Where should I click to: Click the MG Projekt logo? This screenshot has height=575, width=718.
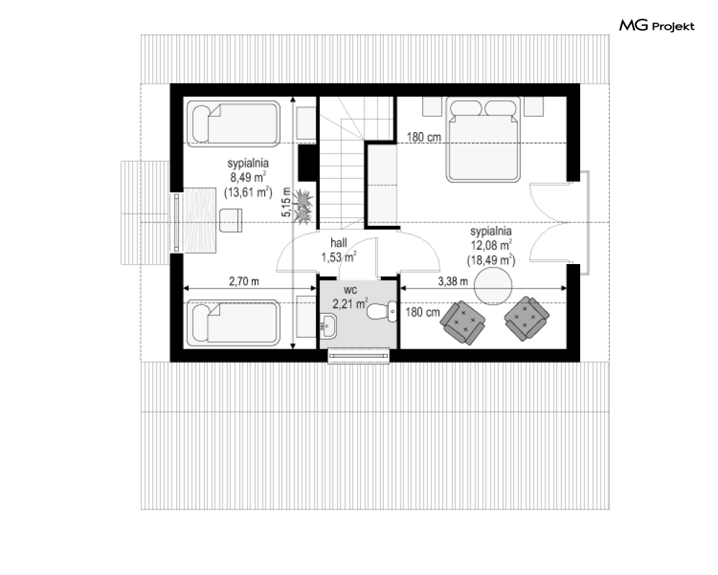(657, 25)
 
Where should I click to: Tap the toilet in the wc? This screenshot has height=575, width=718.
(382, 311)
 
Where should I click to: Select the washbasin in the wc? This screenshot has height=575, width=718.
(328, 326)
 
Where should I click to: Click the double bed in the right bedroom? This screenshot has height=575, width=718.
(483, 140)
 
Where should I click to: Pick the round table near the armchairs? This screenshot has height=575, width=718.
(493, 286)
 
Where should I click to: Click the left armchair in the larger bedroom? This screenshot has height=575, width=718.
(463, 322)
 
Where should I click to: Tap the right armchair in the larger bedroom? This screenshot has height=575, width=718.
(527, 319)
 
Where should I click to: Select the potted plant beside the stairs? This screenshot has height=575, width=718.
(302, 207)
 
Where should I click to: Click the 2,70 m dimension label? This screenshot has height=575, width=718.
(244, 281)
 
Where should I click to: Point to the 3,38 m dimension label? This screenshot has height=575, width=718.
(453, 281)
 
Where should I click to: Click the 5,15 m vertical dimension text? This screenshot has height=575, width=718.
(286, 202)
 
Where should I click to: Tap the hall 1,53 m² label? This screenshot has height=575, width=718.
(339, 250)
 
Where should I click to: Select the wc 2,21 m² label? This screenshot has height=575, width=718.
(350, 297)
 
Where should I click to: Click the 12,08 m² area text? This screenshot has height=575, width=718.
(491, 245)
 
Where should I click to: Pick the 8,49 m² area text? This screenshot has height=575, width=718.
(248, 177)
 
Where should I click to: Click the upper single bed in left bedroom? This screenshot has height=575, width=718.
(234, 123)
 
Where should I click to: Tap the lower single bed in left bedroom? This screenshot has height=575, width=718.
(234, 322)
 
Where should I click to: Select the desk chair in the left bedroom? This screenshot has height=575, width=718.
(231, 220)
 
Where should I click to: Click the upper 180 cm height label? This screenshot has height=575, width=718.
(424, 137)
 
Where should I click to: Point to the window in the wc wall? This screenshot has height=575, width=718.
(359, 356)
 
